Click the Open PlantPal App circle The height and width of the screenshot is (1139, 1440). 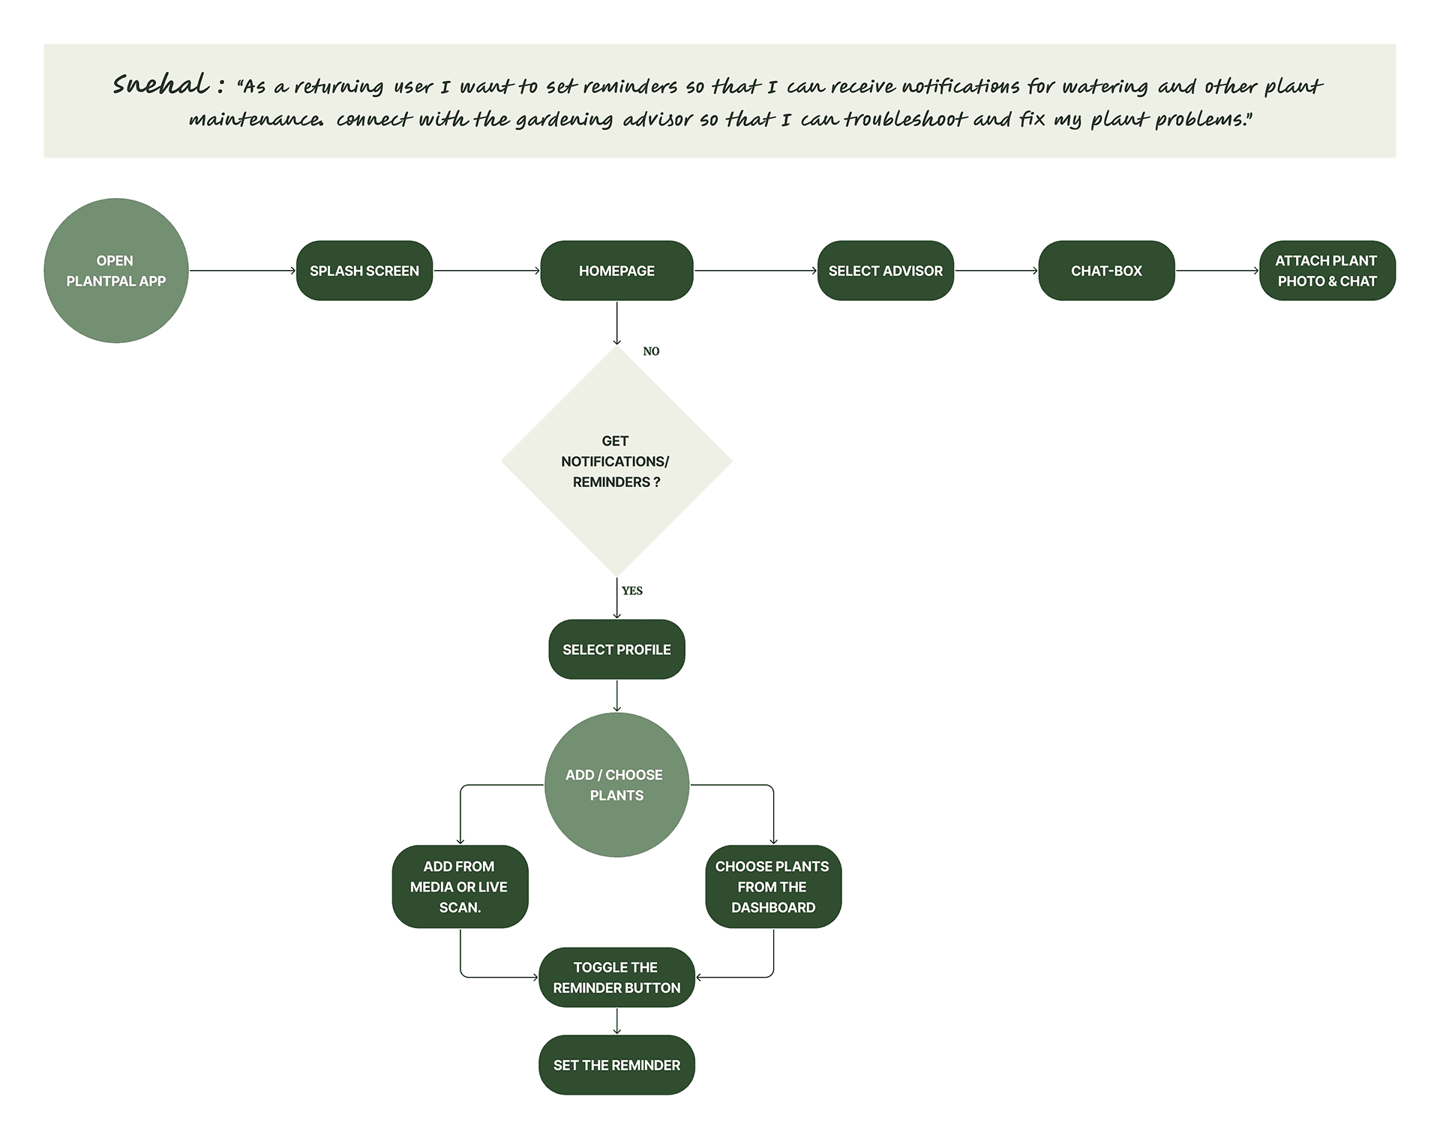115,271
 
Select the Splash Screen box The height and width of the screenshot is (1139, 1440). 364,271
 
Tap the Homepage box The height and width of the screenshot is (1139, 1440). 616,271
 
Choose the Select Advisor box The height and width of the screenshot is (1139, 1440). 885,271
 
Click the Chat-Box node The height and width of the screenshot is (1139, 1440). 1106,271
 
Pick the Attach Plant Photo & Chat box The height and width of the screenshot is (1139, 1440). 1327,271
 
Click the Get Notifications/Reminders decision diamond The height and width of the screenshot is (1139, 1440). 616,461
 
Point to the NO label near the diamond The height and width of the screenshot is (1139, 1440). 651,351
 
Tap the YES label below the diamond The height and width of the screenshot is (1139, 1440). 632,591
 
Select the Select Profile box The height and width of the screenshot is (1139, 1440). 616,650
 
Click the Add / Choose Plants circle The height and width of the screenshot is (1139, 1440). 616,785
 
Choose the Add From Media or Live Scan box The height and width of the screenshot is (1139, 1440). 460,887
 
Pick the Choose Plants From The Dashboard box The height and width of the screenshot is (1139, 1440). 772,887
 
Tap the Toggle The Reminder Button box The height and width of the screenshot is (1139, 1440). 616,978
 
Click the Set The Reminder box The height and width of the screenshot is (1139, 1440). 616,1065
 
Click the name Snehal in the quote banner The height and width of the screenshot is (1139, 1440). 161,85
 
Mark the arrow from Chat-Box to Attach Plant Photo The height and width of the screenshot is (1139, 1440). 1217,271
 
